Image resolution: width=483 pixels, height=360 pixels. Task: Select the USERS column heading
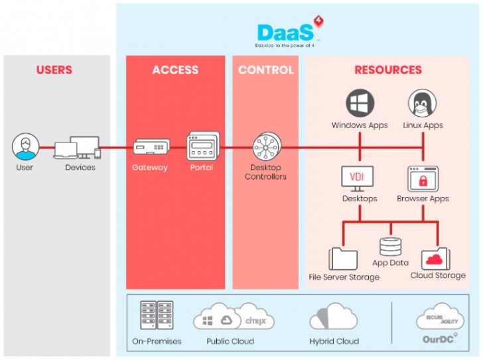pyautogui.click(x=54, y=70)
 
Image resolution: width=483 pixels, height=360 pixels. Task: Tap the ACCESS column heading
pyautogui.click(x=175, y=70)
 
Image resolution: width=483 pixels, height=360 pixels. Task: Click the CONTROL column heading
pyautogui.click(x=265, y=70)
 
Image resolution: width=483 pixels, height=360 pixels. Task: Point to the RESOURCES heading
pyautogui.click(x=387, y=70)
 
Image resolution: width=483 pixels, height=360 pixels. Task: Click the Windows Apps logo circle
pyautogui.click(x=360, y=105)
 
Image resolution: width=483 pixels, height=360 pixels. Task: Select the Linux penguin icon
pyautogui.click(x=423, y=105)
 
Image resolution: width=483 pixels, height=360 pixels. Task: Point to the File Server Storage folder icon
pyautogui.click(x=344, y=257)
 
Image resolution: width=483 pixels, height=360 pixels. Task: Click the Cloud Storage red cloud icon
pyautogui.click(x=436, y=257)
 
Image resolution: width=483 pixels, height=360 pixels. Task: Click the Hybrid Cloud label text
pyautogui.click(x=334, y=341)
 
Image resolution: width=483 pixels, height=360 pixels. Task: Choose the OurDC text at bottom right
pyautogui.click(x=439, y=339)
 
